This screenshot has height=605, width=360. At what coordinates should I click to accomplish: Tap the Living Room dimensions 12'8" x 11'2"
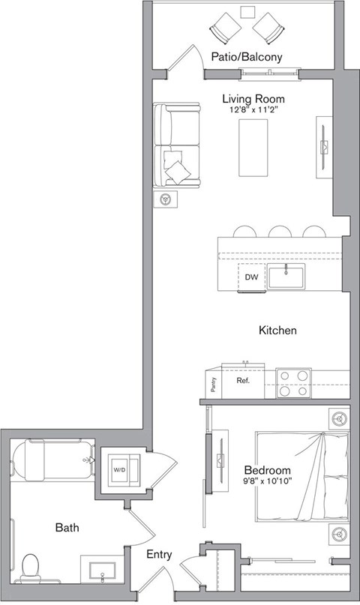253,109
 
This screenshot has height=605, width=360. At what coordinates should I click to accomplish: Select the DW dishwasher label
251,277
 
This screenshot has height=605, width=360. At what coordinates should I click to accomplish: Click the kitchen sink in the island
287,277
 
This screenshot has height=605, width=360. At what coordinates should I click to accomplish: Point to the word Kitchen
277,330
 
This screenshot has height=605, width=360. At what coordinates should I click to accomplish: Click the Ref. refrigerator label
243,381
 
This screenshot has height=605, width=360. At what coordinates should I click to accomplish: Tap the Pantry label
214,384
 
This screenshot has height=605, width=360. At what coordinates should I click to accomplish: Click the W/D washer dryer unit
120,469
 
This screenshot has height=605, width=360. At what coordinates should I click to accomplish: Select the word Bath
67,528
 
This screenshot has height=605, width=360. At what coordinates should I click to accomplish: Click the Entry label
160,555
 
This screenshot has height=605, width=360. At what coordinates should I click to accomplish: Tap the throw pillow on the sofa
178,170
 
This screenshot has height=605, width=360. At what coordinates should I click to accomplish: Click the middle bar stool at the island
280,232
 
